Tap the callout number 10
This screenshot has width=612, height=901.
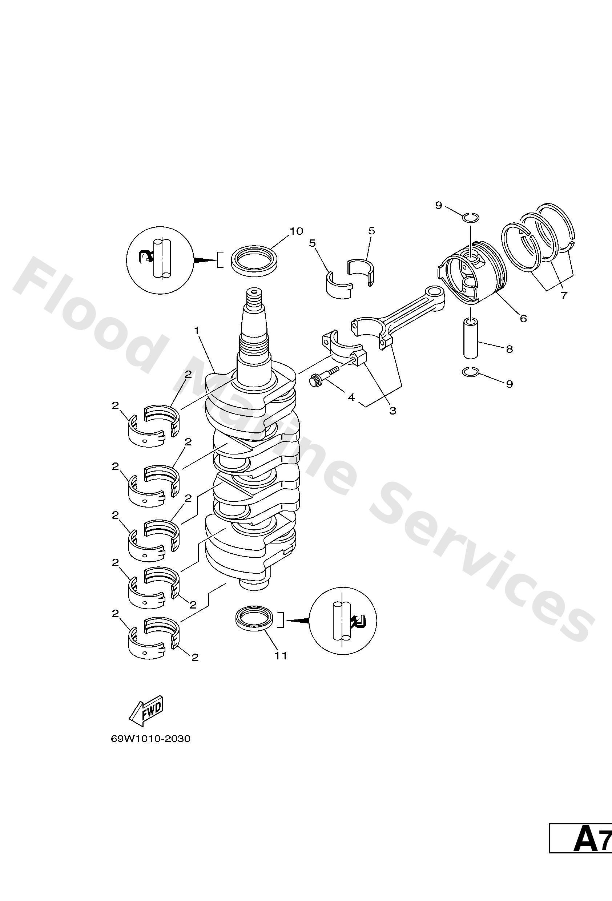[x=296, y=231]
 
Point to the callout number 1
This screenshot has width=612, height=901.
[x=197, y=330]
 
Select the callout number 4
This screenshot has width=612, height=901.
[x=351, y=397]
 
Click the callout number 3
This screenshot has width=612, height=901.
[x=392, y=411]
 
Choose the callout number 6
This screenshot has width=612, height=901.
[x=523, y=318]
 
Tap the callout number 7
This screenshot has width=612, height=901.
[x=564, y=295]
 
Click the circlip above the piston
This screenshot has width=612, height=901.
[x=472, y=218]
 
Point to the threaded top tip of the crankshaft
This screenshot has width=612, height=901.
[x=254, y=299]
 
